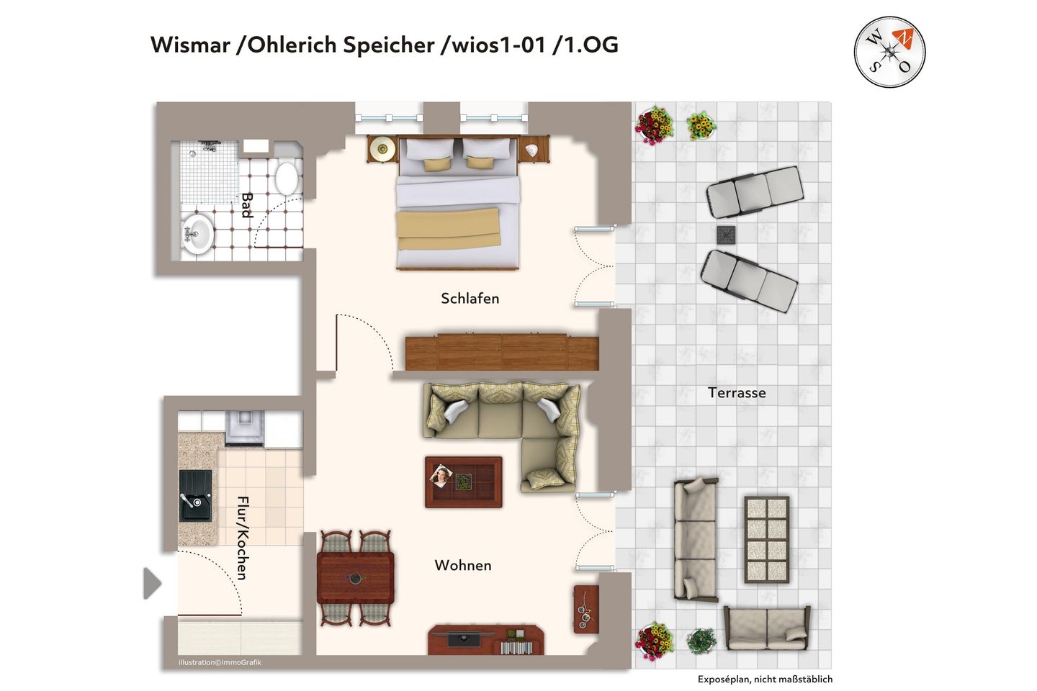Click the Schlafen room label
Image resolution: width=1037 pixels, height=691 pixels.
pyautogui.click(x=470, y=299)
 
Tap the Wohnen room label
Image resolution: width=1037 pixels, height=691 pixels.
pyautogui.click(x=463, y=565)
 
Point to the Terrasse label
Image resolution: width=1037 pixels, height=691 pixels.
pyautogui.click(x=737, y=393)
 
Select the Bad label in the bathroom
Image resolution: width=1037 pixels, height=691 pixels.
pyautogui.click(x=247, y=205)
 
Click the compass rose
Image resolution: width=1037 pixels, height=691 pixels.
pyautogui.click(x=889, y=53)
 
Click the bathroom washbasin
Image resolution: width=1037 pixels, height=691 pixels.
pyautogui.click(x=197, y=234)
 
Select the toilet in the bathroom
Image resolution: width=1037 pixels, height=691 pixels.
pyautogui.click(x=287, y=178)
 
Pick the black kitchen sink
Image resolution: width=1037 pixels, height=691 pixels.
pyautogui.click(x=195, y=496)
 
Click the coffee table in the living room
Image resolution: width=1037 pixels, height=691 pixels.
pyautogui.click(x=464, y=482)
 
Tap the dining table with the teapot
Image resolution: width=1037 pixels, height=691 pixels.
pyautogui.click(x=356, y=578)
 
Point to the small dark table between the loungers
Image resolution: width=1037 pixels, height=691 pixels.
pyautogui.click(x=726, y=235)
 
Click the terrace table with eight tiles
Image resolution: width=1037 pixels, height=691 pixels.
pyautogui.click(x=767, y=540)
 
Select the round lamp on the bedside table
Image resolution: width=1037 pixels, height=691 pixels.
pyautogui.click(x=382, y=148)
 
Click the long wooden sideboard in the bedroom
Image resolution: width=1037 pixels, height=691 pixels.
pyautogui.click(x=502, y=352)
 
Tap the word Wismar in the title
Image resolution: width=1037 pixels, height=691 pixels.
pyautogui.click(x=190, y=45)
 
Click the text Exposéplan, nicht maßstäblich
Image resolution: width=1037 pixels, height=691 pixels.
pyautogui.click(x=766, y=679)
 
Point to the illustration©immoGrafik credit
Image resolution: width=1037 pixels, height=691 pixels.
pyautogui.click(x=220, y=662)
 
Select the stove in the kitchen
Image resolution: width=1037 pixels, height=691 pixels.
pyautogui.click(x=245, y=428)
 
